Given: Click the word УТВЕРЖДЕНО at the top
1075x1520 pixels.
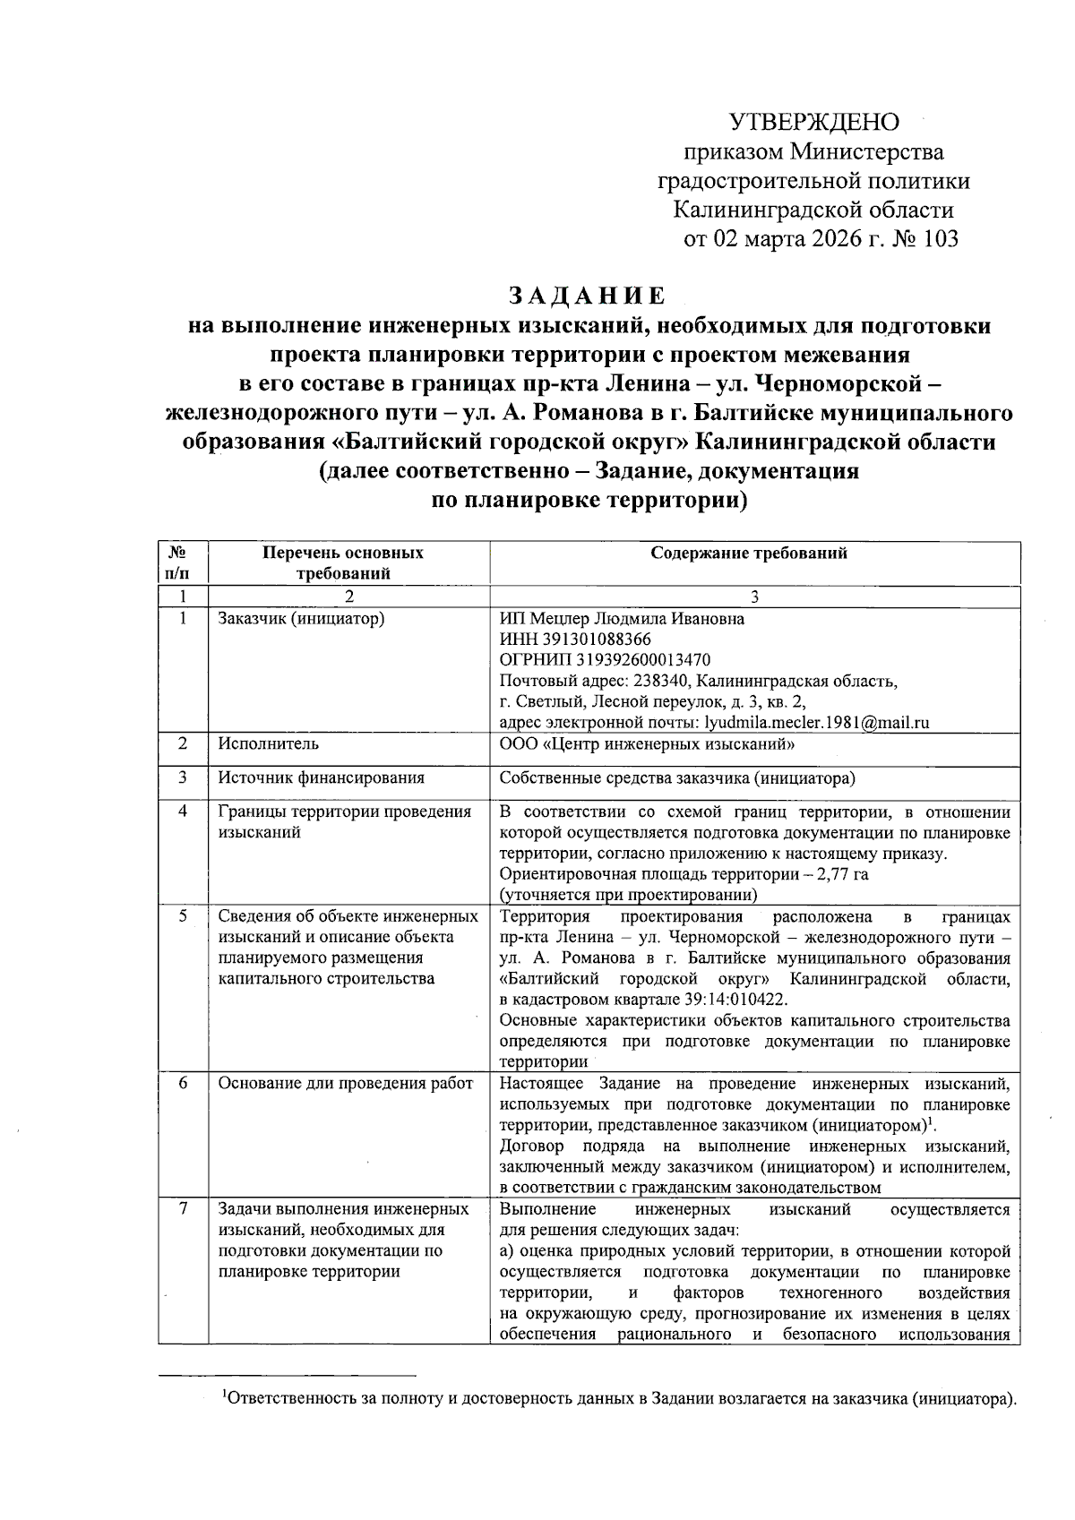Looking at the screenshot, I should (x=813, y=121).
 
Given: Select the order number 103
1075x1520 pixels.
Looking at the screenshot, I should (x=939, y=240).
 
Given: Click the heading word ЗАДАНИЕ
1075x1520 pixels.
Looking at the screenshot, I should (x=588, y=296).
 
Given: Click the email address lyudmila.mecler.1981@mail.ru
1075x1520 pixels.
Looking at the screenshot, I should (x=817, y=723).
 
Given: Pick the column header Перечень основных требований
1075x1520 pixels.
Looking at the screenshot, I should (x=348, y=563).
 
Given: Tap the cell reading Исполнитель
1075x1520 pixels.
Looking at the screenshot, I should (x=268, y=744).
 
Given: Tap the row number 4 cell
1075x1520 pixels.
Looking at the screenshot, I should (x=183, y=812).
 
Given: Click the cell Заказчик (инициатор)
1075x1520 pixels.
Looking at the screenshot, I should (x=301, y=619).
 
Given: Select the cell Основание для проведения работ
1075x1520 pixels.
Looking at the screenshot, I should (x=345, y=1084).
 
